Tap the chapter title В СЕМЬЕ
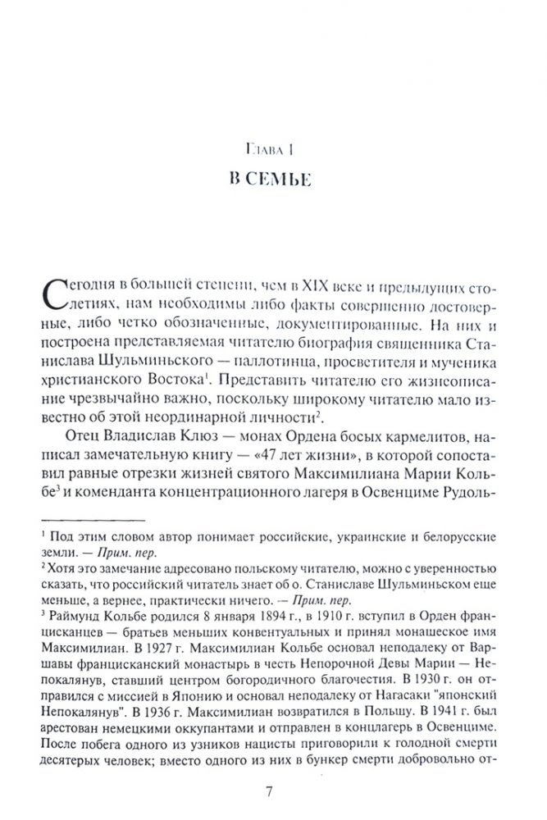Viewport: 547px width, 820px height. coord(273,180)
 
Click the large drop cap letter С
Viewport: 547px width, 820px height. coord(51,294)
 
